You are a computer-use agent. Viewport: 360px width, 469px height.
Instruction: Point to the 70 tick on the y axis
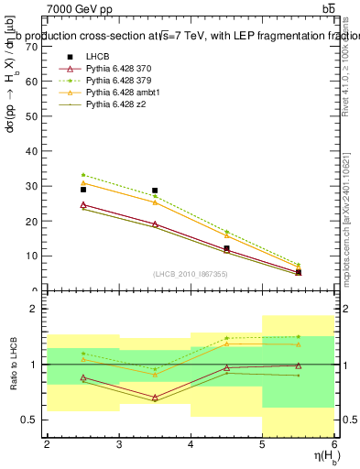pyautogui.click(x=34, y=46)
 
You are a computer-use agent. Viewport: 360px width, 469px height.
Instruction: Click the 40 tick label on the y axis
pyautogui.click(x=34, y=151)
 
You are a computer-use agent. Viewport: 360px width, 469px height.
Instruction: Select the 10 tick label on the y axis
pyautogui.click(x=34, y=256)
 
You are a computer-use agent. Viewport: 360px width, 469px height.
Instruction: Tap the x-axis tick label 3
pyautogui.click(x=119, y=444)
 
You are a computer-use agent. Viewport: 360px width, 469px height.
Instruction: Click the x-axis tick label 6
pyautogui.click(x=335, y=444)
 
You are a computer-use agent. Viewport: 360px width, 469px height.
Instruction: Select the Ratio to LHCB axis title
pyautogui.click(x=12, y=365)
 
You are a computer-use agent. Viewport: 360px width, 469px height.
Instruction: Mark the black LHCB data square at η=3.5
pyautogui.click(x=155, y=191)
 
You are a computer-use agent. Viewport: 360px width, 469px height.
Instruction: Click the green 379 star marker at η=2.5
pyautogui.click(x=83, y=175)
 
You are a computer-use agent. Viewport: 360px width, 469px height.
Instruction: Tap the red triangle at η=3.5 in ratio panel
pyautogui.click(x=155, y=398)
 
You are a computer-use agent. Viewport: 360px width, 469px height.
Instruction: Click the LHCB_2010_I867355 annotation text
pyautogui.click(x=191, y=275)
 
